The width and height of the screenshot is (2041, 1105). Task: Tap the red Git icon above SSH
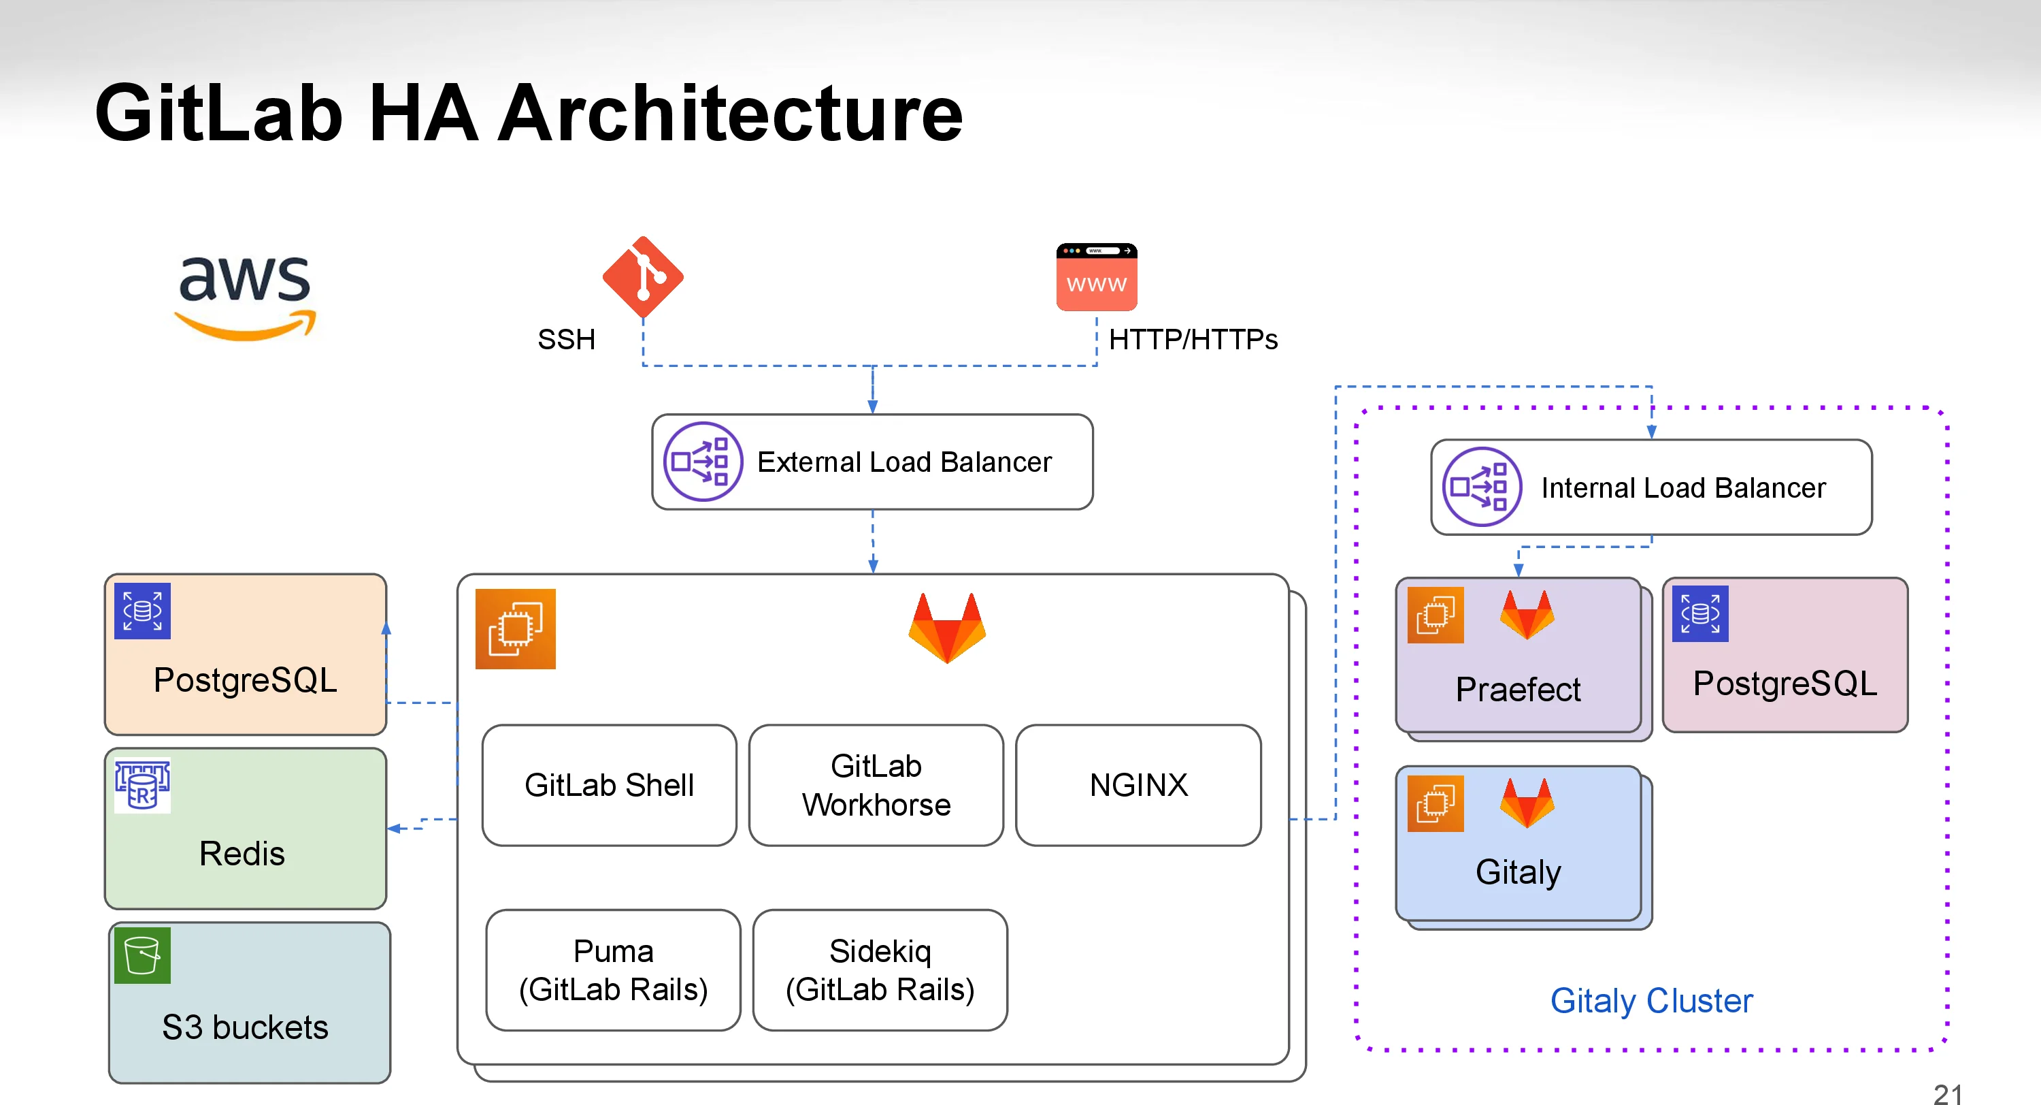click(x=642, y=276)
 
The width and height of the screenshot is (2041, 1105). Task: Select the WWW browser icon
click(x=1097, y=277)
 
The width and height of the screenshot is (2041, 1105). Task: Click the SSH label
click(x=566, y=339)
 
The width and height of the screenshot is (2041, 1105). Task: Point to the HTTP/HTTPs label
click(x=1193, y=339)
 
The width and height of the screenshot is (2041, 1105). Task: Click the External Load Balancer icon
click(x=702, y=462)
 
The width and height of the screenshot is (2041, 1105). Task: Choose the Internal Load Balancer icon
click(x=1481, y=487)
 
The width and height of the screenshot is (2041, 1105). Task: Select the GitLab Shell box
click(x=608, y=785)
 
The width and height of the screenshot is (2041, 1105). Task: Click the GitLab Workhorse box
click(x=876, y=785)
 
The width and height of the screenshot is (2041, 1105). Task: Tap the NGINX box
click(x=1138, y=785)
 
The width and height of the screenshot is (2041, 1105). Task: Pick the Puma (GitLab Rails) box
click(x=612, y=970)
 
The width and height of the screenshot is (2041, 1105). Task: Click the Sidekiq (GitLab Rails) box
click(x=880, y=970)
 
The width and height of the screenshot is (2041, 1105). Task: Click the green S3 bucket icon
click(x=143, y=955)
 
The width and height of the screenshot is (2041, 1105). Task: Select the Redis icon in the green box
click(x=143, y=786)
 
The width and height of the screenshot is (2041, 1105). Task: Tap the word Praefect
click(x=1517, y=689)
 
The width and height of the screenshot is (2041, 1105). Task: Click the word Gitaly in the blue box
click(x=1517, y=872)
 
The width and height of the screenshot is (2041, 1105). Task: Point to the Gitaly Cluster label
click(x=1651, y=1000)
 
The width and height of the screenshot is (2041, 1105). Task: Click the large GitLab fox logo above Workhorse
click(x=947, y=628)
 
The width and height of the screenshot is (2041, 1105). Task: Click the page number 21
click(x=1946, y=1094)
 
